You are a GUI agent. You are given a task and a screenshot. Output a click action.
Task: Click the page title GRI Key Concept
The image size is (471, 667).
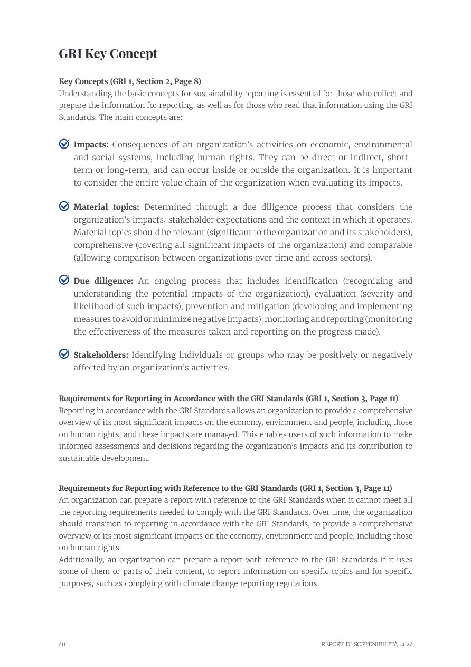(x=108, y=53)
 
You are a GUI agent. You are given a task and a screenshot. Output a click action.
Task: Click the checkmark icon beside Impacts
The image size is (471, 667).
(x=64, y=144)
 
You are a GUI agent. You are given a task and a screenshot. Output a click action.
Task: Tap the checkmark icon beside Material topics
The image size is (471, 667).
(x=64, y=206)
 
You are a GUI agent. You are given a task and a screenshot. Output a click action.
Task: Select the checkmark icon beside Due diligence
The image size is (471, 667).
(x=64, y=280)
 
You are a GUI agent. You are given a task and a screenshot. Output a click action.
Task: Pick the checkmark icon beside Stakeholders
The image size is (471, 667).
(x=64, y=354)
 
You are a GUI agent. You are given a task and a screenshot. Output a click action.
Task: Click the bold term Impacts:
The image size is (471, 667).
(x=91, y=145)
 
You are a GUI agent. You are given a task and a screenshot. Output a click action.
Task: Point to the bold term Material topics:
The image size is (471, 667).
(x=106, y=207)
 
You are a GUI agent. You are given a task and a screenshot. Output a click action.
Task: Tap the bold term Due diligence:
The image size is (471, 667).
(x=103, y=281)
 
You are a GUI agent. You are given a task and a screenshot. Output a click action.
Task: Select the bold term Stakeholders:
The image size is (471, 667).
(x=100, y=355)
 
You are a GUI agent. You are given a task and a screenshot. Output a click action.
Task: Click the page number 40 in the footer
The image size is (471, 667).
(x=62, y=644)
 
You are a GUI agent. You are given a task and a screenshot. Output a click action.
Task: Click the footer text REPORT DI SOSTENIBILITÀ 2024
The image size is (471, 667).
(x=367, y=644)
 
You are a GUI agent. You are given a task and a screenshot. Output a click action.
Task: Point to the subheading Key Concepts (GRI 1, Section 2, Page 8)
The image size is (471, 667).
(x=129, y=81)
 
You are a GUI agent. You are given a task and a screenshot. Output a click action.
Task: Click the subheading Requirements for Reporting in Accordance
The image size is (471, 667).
(x=228, y=399)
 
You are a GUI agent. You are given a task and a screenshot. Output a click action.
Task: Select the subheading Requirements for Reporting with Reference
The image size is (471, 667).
(x=225, y=488)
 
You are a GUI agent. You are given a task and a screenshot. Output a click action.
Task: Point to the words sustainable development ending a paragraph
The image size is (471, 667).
(x=103, y=458)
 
